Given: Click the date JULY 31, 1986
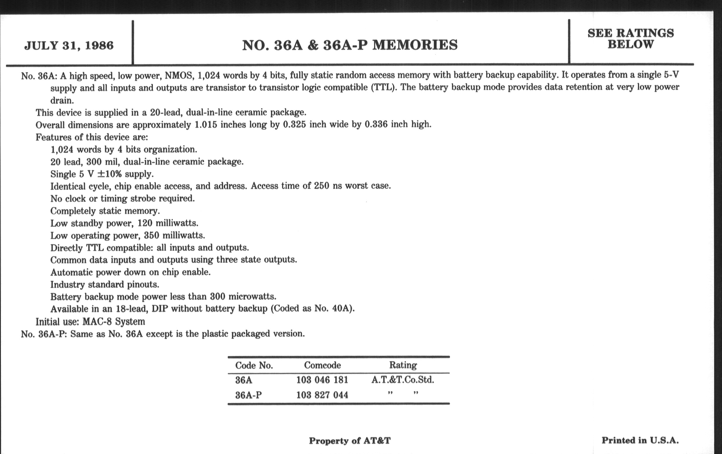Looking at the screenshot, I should [69, 46].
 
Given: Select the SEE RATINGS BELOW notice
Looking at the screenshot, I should [630, 39].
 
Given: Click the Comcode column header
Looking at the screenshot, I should [322, 365].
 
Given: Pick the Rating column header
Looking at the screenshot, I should [403, 365].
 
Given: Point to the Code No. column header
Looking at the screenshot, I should [254, 365].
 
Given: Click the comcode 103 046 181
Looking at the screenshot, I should [322, 380].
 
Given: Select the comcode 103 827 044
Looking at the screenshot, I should [322, 395].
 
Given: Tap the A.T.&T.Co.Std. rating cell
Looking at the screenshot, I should [403, 380].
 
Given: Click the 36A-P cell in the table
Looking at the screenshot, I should [248, 395].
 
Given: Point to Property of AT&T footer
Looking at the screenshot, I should [350, 441].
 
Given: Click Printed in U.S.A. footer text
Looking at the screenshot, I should [640, 440].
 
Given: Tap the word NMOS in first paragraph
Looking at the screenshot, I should [178, 75].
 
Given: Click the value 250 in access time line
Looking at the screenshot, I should [322, 186].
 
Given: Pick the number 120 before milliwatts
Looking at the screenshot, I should [145, 223].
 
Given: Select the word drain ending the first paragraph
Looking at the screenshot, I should [62, 100].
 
